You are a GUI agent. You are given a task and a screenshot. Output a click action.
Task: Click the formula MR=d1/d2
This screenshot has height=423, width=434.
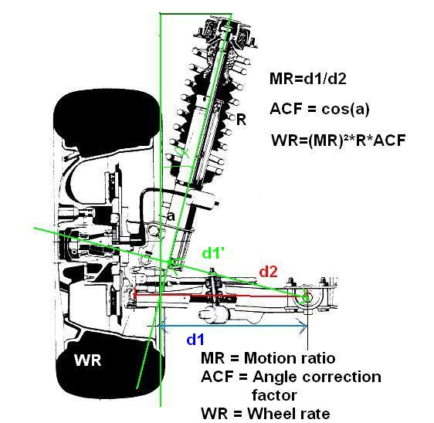308,79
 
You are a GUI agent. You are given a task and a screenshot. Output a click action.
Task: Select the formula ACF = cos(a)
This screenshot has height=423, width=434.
320,109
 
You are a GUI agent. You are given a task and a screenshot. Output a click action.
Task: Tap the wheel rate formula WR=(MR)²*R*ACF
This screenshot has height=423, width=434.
338,140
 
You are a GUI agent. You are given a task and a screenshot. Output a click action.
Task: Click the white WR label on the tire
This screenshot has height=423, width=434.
87,360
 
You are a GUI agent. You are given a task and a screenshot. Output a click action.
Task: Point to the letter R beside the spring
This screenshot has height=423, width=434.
241,120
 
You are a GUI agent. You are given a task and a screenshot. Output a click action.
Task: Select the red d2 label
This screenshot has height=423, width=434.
268,272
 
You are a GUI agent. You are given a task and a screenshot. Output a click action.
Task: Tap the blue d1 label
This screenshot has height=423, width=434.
195,339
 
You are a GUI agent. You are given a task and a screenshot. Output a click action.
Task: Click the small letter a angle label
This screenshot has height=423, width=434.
171,216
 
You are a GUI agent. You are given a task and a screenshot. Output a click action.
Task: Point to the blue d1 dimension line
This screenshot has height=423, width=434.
233,326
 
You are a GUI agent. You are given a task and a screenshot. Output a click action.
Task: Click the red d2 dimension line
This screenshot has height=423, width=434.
220,296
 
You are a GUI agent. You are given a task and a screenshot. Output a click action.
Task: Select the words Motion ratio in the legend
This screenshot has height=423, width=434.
290,358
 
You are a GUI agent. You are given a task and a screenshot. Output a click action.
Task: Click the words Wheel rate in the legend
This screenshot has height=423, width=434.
289,414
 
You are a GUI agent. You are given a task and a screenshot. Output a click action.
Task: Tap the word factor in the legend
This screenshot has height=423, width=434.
274,395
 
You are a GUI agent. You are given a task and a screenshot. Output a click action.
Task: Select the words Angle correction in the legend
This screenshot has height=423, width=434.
317,377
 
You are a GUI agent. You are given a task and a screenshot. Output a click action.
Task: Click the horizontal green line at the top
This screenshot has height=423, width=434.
195,13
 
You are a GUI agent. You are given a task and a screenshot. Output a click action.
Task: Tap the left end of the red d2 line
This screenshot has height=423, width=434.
134,294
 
